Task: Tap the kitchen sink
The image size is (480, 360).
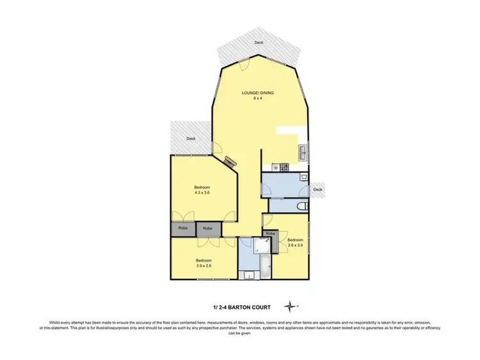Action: point(301,153)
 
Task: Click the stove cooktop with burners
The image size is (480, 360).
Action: point(281,168)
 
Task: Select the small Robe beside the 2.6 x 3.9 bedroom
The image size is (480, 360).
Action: point(270,234)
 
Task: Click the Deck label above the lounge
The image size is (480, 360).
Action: point(259,42)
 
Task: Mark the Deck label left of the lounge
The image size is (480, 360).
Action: point(191,138)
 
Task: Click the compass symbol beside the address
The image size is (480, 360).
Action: point(292,305)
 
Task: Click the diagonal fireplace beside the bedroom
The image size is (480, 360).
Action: point(230,163)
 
